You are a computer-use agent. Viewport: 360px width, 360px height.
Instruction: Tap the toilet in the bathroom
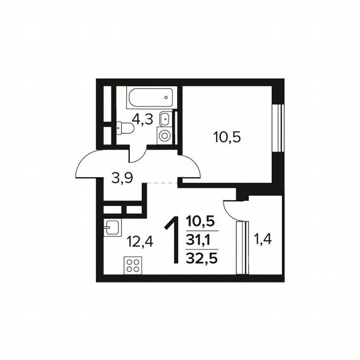[x=124, y=128]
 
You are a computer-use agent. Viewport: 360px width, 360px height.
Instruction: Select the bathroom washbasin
[x=165, y=117]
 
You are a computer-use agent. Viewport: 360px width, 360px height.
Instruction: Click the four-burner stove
[x=132, y=265]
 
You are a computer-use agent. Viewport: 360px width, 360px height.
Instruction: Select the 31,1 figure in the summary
[x=202, y=240]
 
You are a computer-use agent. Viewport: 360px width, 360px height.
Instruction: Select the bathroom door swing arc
[x=137, y=157]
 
